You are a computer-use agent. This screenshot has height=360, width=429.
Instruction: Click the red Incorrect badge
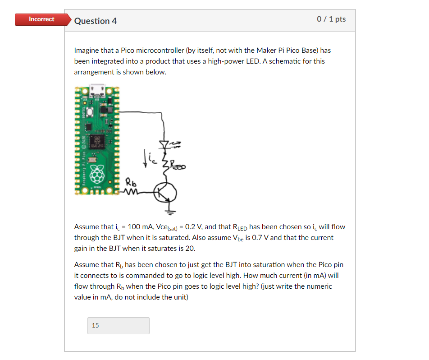click(x=41, y=19)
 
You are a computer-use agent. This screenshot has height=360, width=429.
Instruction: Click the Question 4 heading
click(x=96, y=21)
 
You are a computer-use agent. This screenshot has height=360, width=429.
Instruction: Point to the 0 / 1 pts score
click(x=331, y=19)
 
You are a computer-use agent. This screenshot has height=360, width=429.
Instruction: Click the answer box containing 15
click(x=118, y=325)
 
